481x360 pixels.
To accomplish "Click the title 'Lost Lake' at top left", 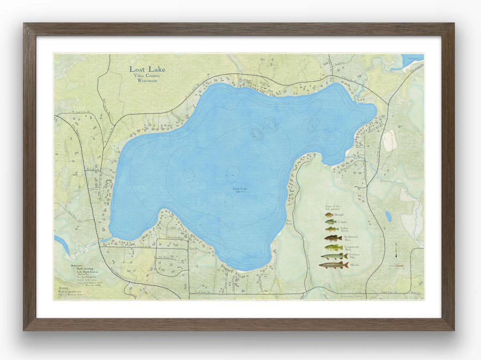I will coord(147,69).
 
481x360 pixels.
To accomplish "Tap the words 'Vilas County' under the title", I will coord(147,76).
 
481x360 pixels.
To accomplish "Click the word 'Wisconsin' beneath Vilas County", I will coord(147,80).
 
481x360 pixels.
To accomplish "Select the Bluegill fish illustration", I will coord(329,215).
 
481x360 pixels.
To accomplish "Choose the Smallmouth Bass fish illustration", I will coord(333,238).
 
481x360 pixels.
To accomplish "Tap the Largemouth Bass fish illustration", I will coord(333,248).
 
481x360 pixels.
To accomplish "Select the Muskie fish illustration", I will coord(333,265).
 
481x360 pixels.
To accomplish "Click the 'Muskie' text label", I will coord(354,265).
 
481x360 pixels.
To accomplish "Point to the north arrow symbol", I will coord(396,250).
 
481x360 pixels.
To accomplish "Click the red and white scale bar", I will coord(397,266).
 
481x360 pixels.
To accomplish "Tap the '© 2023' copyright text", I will coord(63,288).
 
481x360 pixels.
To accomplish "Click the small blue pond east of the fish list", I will coord(388,216).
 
